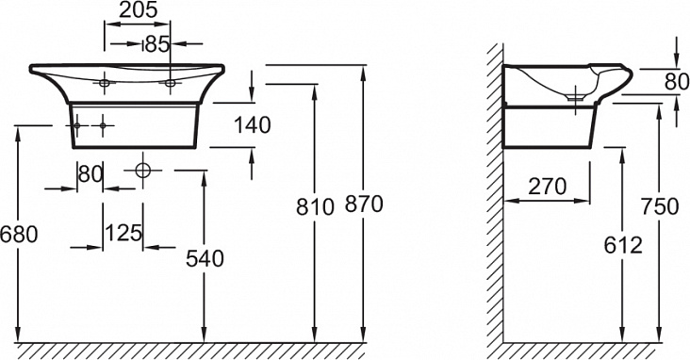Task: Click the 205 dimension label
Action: coord(139,9)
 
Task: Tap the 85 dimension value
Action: coord(157,44)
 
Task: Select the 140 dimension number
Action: coord(252,125)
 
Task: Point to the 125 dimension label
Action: coord(124,233)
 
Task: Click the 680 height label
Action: coord(19,234)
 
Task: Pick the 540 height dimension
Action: coord(205,258)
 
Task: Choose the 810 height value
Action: coord(315,206)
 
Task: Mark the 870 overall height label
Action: coord(364,205)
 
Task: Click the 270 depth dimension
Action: coord(547,187)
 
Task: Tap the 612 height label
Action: coord(623,245)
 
